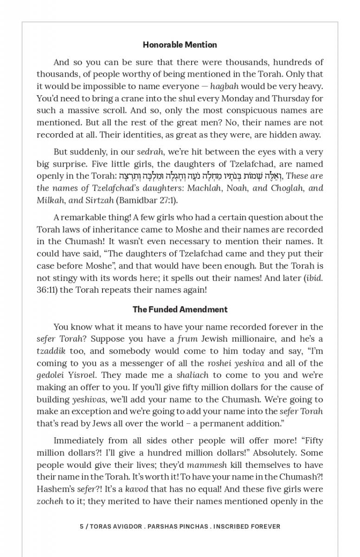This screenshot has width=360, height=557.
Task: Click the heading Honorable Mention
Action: coord(180,45)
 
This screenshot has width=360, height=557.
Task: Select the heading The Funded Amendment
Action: coord(180,310)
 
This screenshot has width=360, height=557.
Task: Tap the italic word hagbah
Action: coord(225,86)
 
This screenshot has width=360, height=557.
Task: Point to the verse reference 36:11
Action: coord(45,290)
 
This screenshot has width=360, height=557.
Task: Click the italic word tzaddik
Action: coord(51,351)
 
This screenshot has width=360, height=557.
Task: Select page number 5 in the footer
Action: coord(82,526)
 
